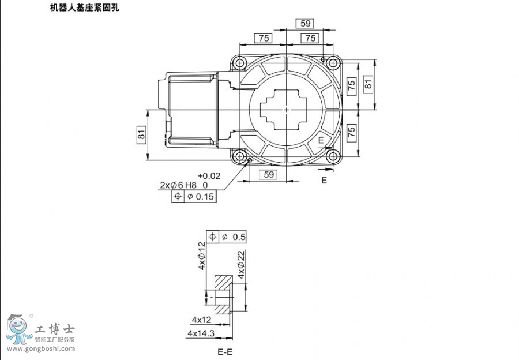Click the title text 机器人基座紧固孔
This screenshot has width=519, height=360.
pyautogui.click(x=86, y=9)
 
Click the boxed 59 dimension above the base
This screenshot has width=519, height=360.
pyautogui.click(x=304, y=24)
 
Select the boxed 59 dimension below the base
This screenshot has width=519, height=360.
pyautogui.click(x=268, y=175)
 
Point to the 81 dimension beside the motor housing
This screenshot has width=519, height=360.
pyautogui.click(x=141, y=135)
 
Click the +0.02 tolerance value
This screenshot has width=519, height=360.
pyautogui.click(x=209, y=176)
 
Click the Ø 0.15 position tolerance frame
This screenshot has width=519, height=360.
pyautogui.click(x=194, y=197)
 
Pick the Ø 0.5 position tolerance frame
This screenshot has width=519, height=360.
pyautogui.click(x=226, y=237)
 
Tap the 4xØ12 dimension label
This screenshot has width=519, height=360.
pyautogui.click(x=202, y=257)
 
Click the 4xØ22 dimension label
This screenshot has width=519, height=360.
pyautogui.click(x=241, y=265)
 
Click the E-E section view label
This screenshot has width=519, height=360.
pyautogui.click(x=225, y=351)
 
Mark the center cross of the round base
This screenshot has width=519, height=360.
pyautogui.click(x=287, y=109)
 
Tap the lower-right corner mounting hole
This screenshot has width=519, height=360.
pyautogui.click(x=332, y=156)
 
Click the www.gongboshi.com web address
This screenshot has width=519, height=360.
pyautogui.click(x=40, y=348)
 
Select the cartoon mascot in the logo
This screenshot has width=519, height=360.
pyautogui.click(x=18, y=329)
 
